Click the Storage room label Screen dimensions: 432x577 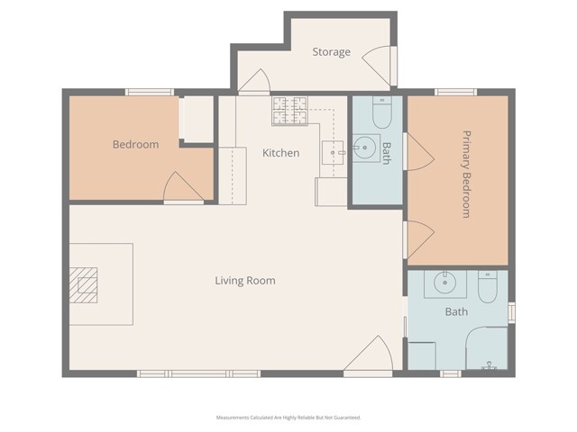click(331, 52)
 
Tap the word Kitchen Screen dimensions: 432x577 click(280, 153)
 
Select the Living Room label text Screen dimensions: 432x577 click(245, 281)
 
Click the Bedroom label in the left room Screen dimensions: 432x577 click(135, 145)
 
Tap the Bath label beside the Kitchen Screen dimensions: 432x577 click(386, 153)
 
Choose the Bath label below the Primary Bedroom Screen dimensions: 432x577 click(456, 312)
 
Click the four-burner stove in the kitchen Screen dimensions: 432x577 click(290, 111)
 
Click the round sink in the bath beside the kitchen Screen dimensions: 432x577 click(365, 148)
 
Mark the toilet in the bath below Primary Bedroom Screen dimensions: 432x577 click(488, 288)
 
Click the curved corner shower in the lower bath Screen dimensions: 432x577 click(487, 351)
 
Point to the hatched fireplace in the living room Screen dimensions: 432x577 click(87, 286)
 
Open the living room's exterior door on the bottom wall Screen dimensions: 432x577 click(370, 357)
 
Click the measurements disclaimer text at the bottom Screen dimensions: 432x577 click(288, 418)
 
